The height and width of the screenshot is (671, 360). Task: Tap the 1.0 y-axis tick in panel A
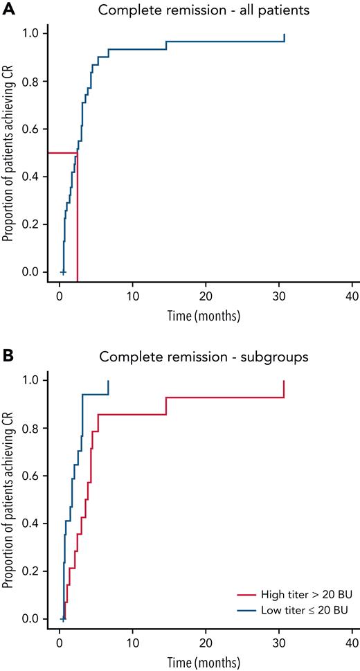click(x=29, y=33)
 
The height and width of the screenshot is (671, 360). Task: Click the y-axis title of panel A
click(x=8, y=152)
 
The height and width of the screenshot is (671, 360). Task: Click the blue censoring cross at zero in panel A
click(x=63, y=272)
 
